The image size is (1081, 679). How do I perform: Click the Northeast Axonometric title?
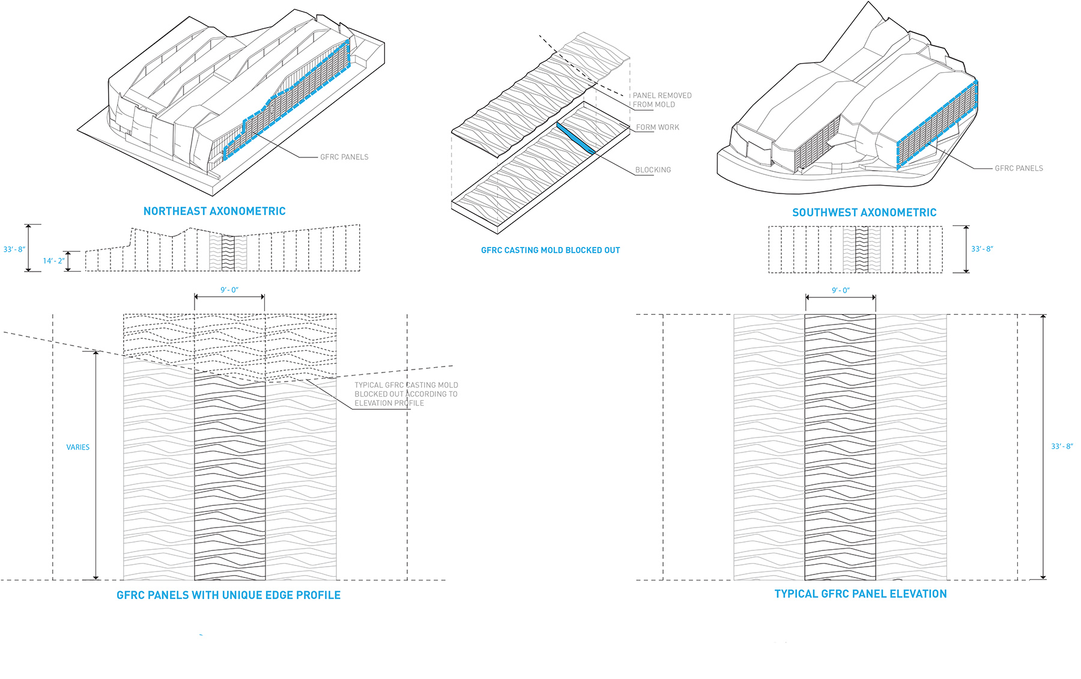(214, 211)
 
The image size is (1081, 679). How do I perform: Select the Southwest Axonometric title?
(864, 212)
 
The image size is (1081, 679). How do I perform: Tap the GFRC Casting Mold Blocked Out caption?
(550, 250)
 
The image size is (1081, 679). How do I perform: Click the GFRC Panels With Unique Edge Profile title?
(228, 595)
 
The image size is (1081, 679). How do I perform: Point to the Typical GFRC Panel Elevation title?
(860, 594)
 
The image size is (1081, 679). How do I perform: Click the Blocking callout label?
(653, 170)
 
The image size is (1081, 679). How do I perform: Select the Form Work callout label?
(658, 127)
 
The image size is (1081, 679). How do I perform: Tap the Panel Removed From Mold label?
(662, 100)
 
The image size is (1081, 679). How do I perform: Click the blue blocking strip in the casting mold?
(575, 138)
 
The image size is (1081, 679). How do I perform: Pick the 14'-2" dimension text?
(53, 261)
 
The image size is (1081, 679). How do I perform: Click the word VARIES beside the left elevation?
(77, 447)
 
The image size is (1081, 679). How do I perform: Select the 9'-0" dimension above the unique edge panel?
(229, 290)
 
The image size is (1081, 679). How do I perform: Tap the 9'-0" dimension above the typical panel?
(840, 291)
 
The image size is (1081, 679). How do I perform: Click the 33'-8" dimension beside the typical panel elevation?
(1061, 446)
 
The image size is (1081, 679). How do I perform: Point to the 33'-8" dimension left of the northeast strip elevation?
(14, 249)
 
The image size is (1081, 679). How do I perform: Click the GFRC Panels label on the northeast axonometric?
(344, 157)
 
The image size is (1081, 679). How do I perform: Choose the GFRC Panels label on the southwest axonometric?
(1019, 168)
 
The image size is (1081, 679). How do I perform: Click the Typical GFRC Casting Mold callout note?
(406, 394)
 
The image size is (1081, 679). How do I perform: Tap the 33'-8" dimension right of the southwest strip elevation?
(982, 249)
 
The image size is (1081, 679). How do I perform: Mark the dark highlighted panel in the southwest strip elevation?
(862, 249)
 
